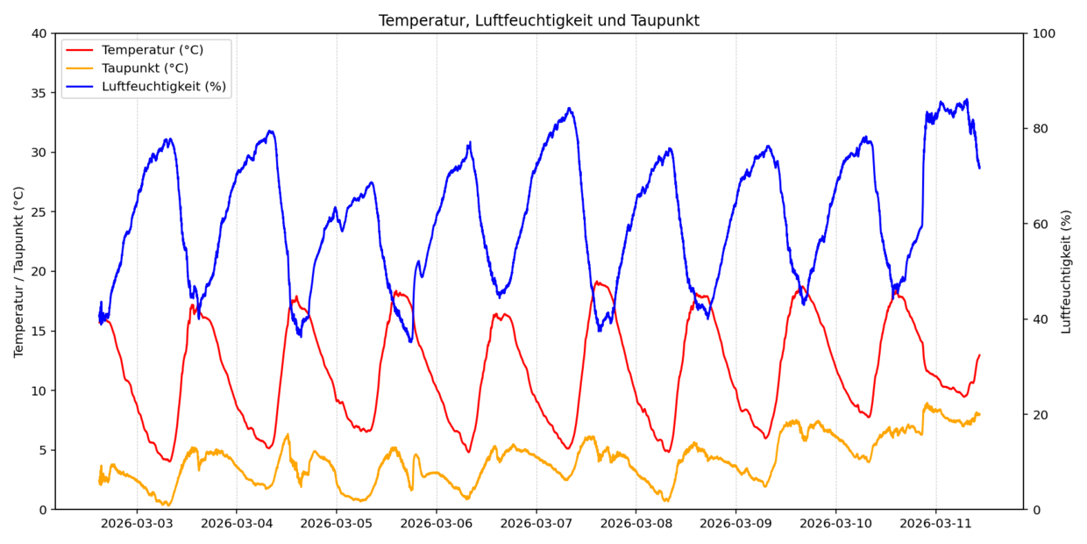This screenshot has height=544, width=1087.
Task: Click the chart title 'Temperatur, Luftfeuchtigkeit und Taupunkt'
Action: click(538, 20)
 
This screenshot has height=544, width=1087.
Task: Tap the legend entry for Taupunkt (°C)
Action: click(145, 68)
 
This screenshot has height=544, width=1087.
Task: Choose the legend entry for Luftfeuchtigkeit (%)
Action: click(163, 86)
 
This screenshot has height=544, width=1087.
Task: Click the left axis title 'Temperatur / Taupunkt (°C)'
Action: click(18, 271)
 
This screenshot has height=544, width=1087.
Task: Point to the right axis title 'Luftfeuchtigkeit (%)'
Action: click(1066, 271)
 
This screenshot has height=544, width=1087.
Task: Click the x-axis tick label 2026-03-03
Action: click(136, 524)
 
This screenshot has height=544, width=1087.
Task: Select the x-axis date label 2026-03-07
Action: click(536, 524)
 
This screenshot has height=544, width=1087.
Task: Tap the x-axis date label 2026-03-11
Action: click(935, 524)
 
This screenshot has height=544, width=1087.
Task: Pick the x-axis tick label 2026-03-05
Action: click(336, 524)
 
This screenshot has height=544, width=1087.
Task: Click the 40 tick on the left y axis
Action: click(39, 33)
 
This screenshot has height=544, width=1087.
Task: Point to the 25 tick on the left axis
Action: click(39, 212)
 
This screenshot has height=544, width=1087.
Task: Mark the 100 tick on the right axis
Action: click(1044, 33)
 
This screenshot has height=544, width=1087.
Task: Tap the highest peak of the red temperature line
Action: click(597, 282)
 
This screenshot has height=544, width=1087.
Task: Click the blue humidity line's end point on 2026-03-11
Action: click(979, 168)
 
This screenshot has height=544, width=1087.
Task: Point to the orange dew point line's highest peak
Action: click(927, 404)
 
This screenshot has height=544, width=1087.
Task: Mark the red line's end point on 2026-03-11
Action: click(979, 355)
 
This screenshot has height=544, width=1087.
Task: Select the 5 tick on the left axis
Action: click(42, 450)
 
